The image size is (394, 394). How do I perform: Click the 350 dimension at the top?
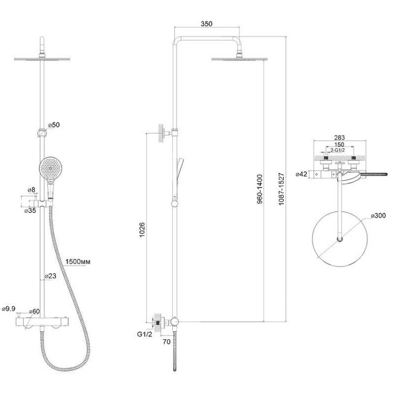[206, 24]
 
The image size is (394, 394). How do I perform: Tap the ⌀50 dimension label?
[54, 125]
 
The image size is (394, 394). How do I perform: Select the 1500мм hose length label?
[78, 262]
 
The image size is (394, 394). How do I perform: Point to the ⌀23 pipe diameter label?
[50, 276]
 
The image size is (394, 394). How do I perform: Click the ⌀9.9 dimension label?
[9, 309]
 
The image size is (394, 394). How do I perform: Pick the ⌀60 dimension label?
[35, 312]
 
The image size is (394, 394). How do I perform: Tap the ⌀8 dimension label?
[32, 190]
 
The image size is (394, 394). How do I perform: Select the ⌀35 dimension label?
[30, 211]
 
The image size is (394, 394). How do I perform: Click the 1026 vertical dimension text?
[142, 230]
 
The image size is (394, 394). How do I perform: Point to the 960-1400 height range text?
[260, 189]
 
